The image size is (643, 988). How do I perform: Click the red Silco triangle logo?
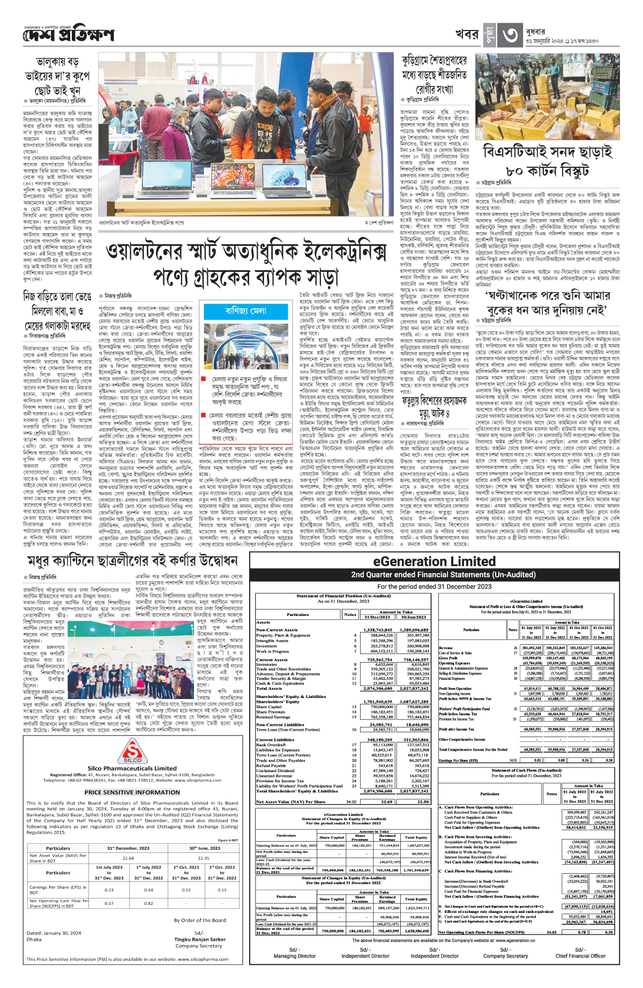click(132, 751)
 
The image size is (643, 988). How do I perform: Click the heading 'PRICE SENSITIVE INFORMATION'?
click(132, 792)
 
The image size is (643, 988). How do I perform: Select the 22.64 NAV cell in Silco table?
click(129, 858)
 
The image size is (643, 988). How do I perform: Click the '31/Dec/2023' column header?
click(377, 617)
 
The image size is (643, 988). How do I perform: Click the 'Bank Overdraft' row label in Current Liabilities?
click(271, 745)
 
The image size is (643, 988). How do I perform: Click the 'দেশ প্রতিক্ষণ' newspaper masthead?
click(69, 35)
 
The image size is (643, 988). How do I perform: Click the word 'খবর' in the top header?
click(467, 34)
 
